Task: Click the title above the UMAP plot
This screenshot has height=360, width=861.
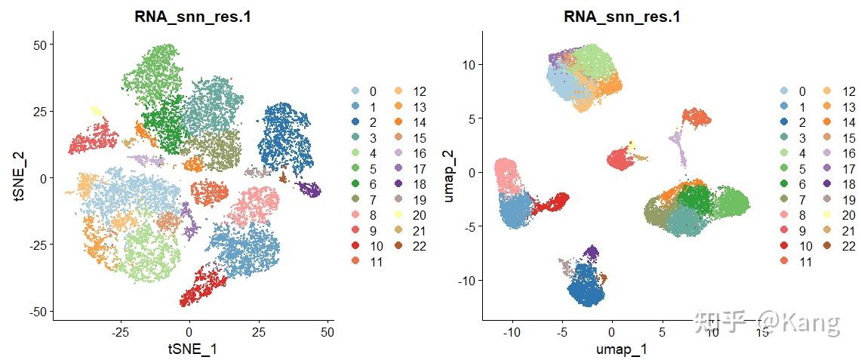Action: tap(622, 16)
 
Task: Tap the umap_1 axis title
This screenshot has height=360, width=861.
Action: tap(622, 349)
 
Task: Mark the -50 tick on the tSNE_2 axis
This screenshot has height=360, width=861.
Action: tap(37, 311)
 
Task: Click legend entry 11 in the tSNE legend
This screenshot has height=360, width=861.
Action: tap(376, 262)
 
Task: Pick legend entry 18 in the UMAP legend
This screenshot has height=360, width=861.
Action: tap(848, 184)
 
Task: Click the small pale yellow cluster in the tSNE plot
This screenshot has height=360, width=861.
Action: tap(96, 111)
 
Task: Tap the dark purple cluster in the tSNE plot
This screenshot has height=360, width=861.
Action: tap(308, 189)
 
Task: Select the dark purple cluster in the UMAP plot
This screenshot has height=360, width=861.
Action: tap(593, 251)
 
